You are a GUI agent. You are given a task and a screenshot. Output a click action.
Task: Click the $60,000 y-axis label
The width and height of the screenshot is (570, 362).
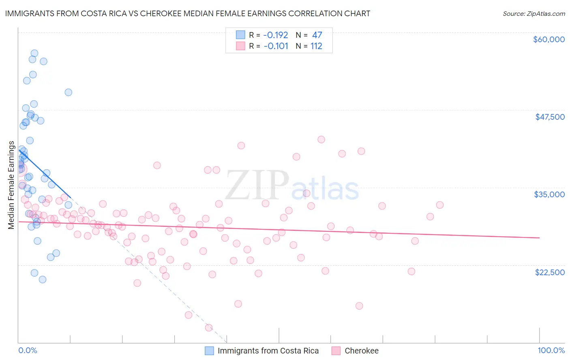coord(549,39)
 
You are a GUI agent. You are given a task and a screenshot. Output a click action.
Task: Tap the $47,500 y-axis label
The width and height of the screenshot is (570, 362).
coord(550,117)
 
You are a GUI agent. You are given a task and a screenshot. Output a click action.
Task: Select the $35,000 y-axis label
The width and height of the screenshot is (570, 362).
coord(549,194)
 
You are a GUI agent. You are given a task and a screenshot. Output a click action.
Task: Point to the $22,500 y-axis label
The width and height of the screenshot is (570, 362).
coord(550,272)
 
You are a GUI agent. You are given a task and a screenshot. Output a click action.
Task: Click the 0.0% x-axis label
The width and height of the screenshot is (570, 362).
coord(28,351)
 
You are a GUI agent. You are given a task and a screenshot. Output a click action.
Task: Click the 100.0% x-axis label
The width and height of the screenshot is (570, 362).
coord(551,351)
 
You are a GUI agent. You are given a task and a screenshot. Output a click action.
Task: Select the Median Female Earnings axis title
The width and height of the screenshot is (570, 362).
coord(11,185)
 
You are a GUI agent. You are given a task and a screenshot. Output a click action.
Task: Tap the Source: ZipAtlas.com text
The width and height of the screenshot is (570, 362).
coord(534,14)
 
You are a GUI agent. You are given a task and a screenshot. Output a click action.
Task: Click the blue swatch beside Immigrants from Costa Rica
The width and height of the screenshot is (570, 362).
coord(209,351)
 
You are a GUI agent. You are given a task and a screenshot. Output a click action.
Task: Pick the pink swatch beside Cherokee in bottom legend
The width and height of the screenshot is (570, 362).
coord(336,351)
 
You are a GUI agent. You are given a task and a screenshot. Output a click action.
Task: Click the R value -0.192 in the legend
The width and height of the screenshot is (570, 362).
coord(276,35)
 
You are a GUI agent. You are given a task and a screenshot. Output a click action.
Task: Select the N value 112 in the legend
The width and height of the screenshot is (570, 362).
coord(316,46)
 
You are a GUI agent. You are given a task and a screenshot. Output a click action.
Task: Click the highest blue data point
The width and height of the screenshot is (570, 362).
coord(34,53)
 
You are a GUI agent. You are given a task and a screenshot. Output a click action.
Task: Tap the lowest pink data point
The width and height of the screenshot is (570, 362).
coord(209,328)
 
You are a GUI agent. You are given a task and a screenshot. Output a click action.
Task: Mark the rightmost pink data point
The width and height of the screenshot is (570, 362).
coord(440,205)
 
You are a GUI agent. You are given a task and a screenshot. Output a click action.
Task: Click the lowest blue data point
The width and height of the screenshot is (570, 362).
coord(43,279)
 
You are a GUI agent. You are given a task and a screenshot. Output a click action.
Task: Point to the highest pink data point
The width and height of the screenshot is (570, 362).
coord(321,139)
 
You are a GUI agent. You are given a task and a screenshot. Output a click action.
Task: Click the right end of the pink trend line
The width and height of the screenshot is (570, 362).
coord(539,238)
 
